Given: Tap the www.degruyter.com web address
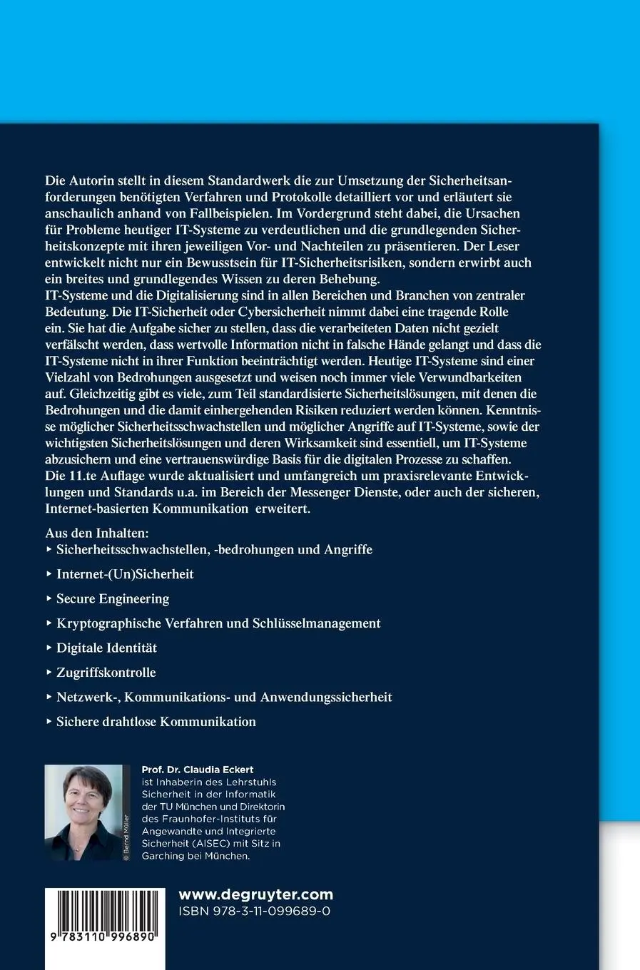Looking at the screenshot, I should point(255,894).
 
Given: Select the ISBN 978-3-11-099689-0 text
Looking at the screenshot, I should point(253,912).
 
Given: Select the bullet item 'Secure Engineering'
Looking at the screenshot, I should point(113,598).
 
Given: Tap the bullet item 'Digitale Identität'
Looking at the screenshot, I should point(106,648).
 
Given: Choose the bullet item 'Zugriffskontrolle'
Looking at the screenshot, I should point(106,673).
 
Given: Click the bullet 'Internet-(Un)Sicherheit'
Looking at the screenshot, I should point(125,574).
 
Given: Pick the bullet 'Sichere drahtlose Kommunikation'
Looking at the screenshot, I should point(156,722).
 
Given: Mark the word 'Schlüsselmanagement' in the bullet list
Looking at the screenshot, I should point(316,623).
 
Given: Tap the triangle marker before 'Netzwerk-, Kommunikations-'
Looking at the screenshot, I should point(49,697).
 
